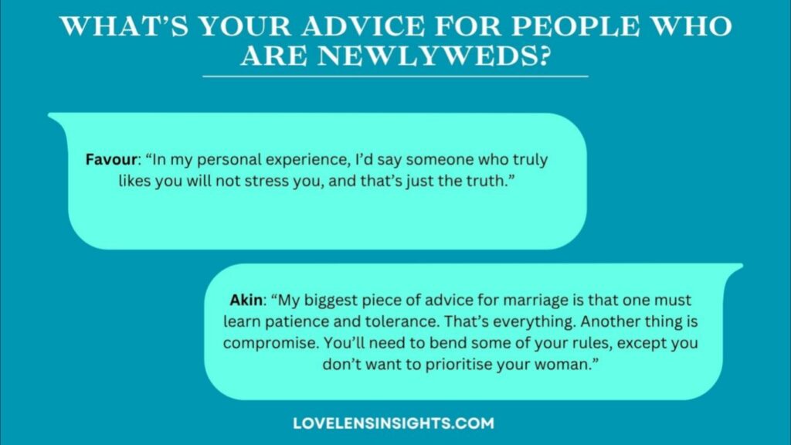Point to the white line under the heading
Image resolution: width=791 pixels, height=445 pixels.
pos(395,76)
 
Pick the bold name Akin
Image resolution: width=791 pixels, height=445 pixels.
pos(246,300)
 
